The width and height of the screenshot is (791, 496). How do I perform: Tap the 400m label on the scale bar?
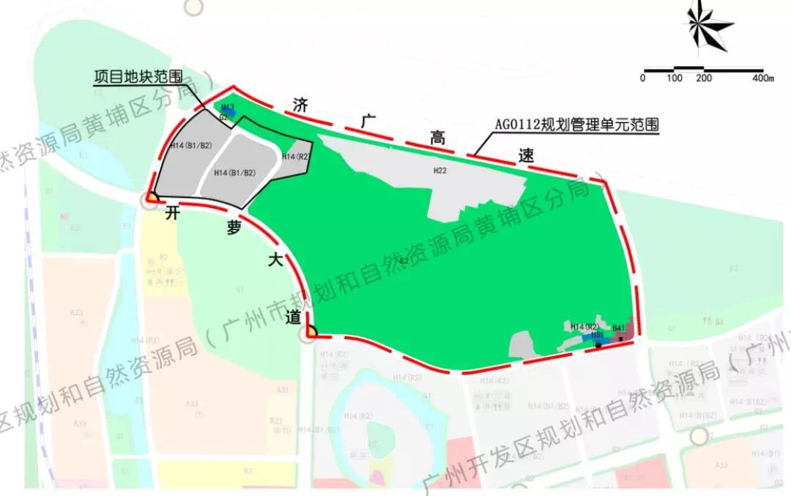(x=763, y=78)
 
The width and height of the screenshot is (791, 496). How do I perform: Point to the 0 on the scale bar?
(x=643, y=78)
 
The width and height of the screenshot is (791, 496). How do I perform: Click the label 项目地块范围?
(x=138, y=76)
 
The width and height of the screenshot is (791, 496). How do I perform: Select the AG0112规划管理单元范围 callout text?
(x=576, y=125)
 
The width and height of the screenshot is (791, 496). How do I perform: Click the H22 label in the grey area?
(x=439, y=171)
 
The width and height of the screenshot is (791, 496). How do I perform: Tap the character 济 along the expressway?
(x=300, y=103)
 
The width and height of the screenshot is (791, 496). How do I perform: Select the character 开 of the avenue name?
(x=173, y=213)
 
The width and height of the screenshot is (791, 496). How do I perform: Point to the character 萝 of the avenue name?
(x=233, y=229)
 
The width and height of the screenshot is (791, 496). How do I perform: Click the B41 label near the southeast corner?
(x=619, y=327)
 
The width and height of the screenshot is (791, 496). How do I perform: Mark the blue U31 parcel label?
(x=597, y=335)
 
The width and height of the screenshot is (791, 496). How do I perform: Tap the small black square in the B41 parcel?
(x=621, y=338)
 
